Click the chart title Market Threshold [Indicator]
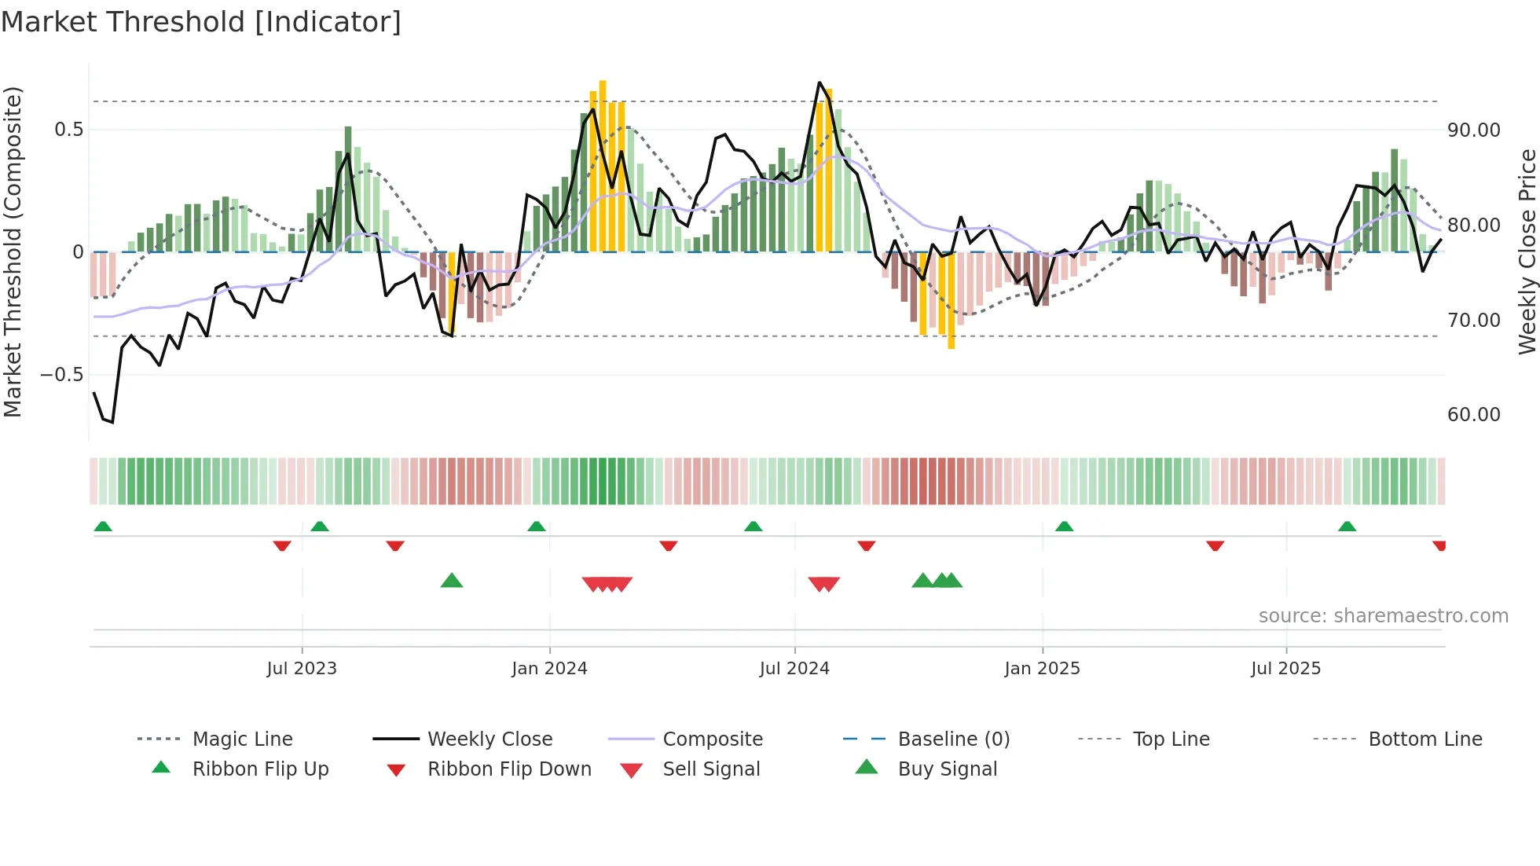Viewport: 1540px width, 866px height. (x=201, y=22)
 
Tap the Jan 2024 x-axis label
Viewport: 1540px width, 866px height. (x=549, y=668)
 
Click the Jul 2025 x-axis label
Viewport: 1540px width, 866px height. (x=1285, y=668)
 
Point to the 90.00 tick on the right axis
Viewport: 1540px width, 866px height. (x=1473, y=130)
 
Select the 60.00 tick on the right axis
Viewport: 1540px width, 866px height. (x=1473, y=415)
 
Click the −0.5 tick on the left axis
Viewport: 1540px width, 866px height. (x=62, y=375)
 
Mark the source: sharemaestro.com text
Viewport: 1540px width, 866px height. (x=1383, y=615)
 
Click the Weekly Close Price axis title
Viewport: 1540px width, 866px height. (x=1527, y=251)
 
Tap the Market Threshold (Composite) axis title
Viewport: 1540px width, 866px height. (x=13, y=251)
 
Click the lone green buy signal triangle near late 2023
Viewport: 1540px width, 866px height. (x=452, y=581)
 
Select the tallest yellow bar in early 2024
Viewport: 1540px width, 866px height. (x=603, y=165)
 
